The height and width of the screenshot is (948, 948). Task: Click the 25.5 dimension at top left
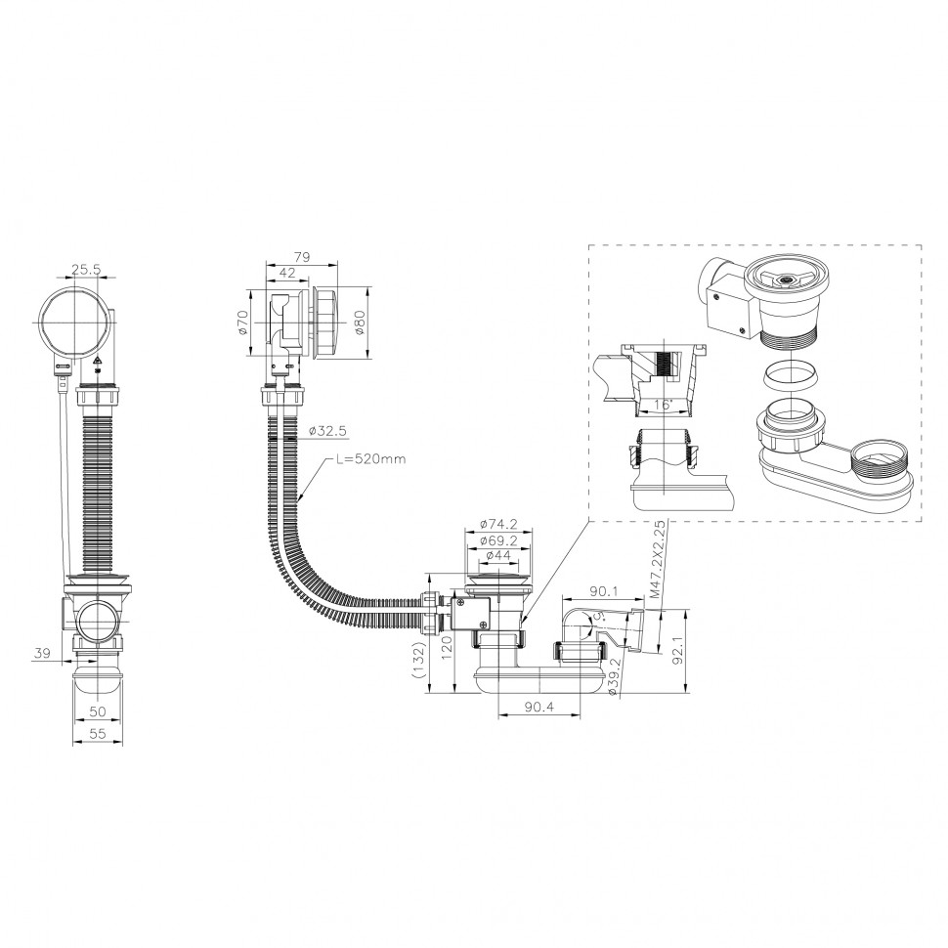[86, 270]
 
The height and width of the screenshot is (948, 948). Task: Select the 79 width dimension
[302, 256]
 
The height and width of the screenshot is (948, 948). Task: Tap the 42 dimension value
[287, 273]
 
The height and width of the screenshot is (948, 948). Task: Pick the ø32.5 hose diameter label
[327, 430]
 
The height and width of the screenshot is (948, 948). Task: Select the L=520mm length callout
[371, 459]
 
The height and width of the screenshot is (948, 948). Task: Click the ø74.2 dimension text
[498, 524]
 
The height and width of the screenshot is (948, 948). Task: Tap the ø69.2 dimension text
[498, 539]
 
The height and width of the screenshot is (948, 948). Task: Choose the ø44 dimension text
[498, 555]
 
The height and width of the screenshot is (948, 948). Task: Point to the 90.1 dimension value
[603, 590]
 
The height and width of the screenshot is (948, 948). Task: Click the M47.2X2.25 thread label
[659, 560]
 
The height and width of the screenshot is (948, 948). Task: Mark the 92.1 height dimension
[679, 651]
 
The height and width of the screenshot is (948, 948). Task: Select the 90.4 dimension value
[539, 707]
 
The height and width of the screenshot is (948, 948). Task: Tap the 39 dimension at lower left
[41, 653]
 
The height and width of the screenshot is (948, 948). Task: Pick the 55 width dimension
[98, 734]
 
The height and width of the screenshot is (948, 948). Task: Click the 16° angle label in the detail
[664, 405]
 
